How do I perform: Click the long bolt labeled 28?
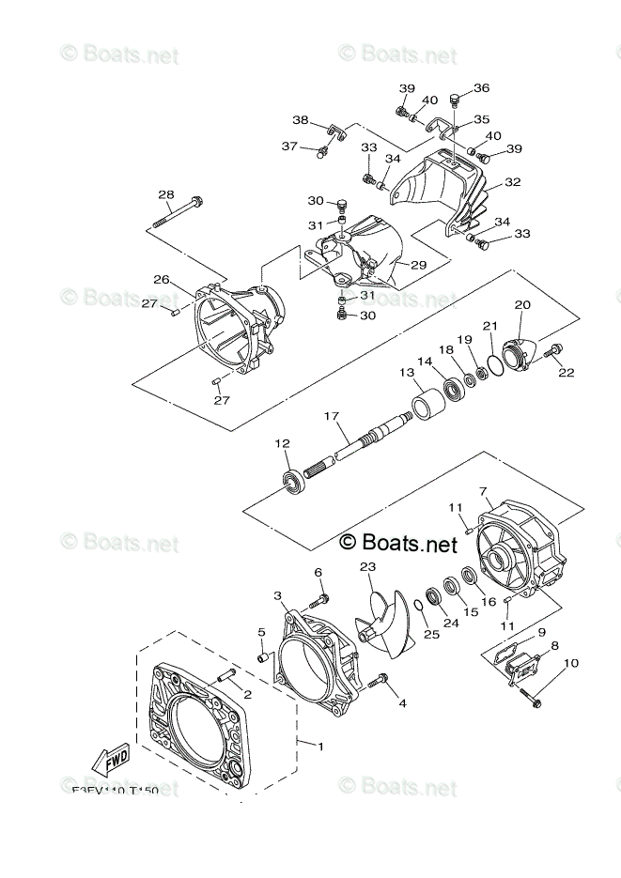[184, 213]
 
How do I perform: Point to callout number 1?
[320, 747]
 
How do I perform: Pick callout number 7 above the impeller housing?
[483, 490]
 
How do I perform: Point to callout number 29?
[418, 266]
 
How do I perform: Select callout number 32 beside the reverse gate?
[512, 182]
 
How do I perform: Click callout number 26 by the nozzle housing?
[162, 280]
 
